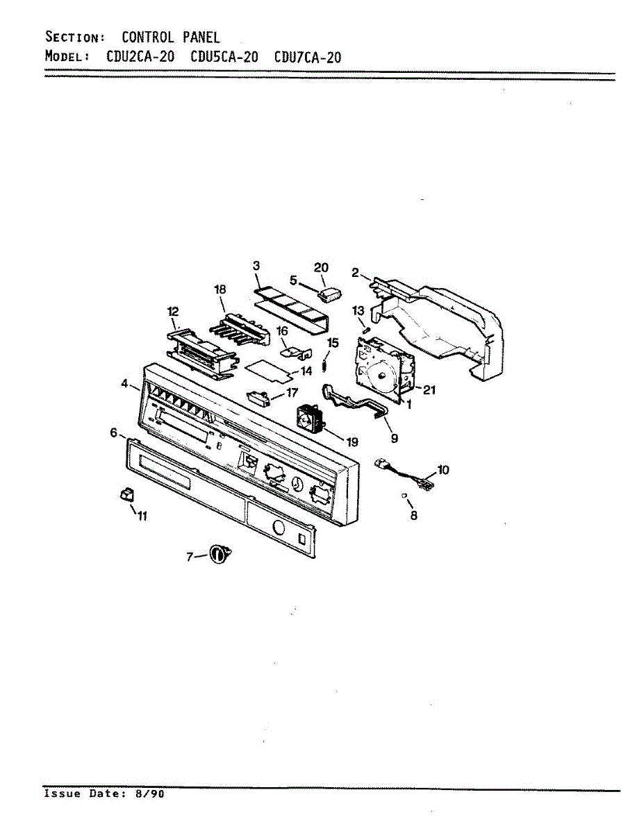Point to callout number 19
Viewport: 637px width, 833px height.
pyautogui.click(x=352, y=441)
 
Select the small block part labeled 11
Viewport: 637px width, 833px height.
pyautogui.click(x=126, y=494)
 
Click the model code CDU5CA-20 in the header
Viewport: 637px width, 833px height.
pyautogui.click(x=224, y=57)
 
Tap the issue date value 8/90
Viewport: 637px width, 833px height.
pyautogui.click(x=151, y=793)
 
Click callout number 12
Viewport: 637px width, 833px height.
pyautogui.click(x=173, y=313)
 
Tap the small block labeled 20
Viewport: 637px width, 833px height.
pyautogui.click(x=329, y=295)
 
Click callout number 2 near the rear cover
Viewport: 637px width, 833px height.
pyautogui.click(x=355, y=274)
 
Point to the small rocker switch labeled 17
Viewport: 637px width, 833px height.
pyautogui.click(x=258, y=397)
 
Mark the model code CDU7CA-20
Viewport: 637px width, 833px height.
pyautogui.click(x=308, y=57)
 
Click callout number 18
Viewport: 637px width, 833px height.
pyautogui.click(x=220, y=289)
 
